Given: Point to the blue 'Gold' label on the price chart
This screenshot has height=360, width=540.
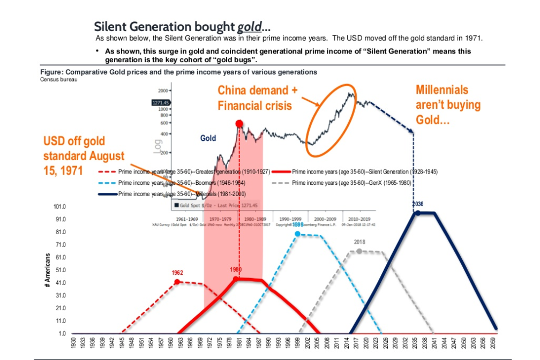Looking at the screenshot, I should [208, 138].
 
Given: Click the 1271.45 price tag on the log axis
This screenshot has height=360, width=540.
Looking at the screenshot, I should [161, 102].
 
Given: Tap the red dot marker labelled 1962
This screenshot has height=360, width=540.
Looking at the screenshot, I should [177, 281].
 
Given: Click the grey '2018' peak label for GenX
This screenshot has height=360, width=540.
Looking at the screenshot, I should [359, 242].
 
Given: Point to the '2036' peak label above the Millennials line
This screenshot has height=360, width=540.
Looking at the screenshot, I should [418, 204].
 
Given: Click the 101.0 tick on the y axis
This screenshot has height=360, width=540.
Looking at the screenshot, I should [60, 207].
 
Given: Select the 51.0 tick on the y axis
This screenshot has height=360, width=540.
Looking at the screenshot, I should [60, 270].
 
